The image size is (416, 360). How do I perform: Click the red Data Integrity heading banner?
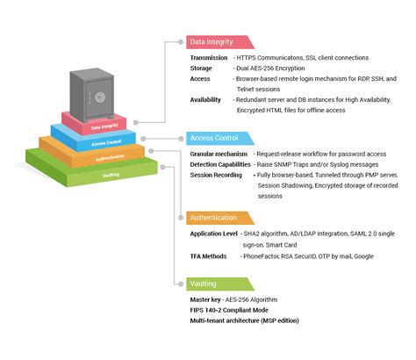[x=219, y=42]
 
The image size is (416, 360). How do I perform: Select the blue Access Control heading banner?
[x=219, y=139]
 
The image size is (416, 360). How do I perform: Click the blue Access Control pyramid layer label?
[x=105, y=143]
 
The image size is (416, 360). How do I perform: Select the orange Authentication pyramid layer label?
[x=107, y=158]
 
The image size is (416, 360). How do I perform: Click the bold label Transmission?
[x=209, y=58]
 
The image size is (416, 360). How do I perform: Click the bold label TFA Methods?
[x=210, y=256]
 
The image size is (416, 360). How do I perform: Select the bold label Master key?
[x=208, y=300]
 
